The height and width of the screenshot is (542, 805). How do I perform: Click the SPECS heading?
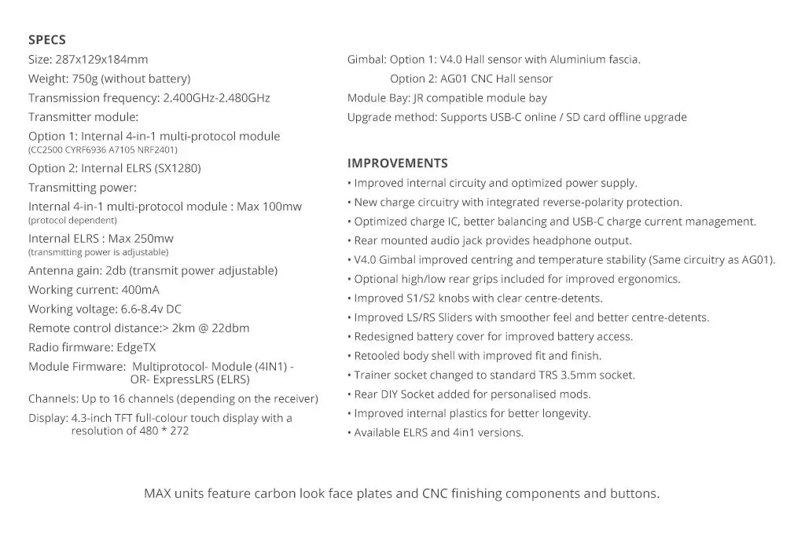[x=47, y=40]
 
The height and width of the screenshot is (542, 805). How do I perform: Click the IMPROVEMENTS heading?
[x=397, y=163]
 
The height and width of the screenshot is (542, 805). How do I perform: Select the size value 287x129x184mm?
[x=101, y=59]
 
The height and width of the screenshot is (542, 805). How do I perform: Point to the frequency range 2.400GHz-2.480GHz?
[x=216, y=98]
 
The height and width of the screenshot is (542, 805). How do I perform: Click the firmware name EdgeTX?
[x=137, y=347]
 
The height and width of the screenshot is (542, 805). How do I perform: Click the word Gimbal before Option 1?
[x=366, y=59]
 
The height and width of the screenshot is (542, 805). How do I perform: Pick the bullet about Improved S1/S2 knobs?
[x=478, y=298]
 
